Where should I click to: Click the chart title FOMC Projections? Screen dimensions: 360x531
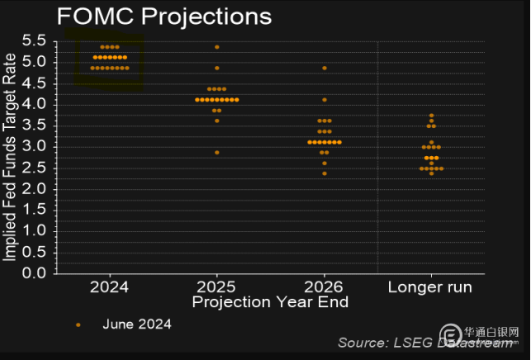click(x=163, y=16)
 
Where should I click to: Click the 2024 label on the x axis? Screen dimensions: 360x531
click(x=110, y=287)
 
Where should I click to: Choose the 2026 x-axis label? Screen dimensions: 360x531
click(x=324, y=287)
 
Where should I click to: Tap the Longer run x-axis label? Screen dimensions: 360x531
click(x=430, y=287)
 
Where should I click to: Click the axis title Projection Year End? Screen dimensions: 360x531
click(x=269, y=302)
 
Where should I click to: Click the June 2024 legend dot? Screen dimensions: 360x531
click(x=78, y=324)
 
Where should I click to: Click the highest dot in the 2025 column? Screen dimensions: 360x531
click(x=217, y=47)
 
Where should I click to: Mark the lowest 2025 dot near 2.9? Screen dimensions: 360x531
click(x=217, y=153)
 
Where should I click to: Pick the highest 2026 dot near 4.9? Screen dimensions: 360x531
click(x=325, y=68)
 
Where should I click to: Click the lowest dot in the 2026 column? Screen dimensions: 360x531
click(x=325, y=173)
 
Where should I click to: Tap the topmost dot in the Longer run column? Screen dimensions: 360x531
click(x=431, y=116)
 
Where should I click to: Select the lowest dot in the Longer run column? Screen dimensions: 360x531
click(x=431, y=173)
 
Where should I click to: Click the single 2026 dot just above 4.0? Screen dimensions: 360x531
click(x=325, y=100)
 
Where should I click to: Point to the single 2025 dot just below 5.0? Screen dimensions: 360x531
click(x=217, y=68)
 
